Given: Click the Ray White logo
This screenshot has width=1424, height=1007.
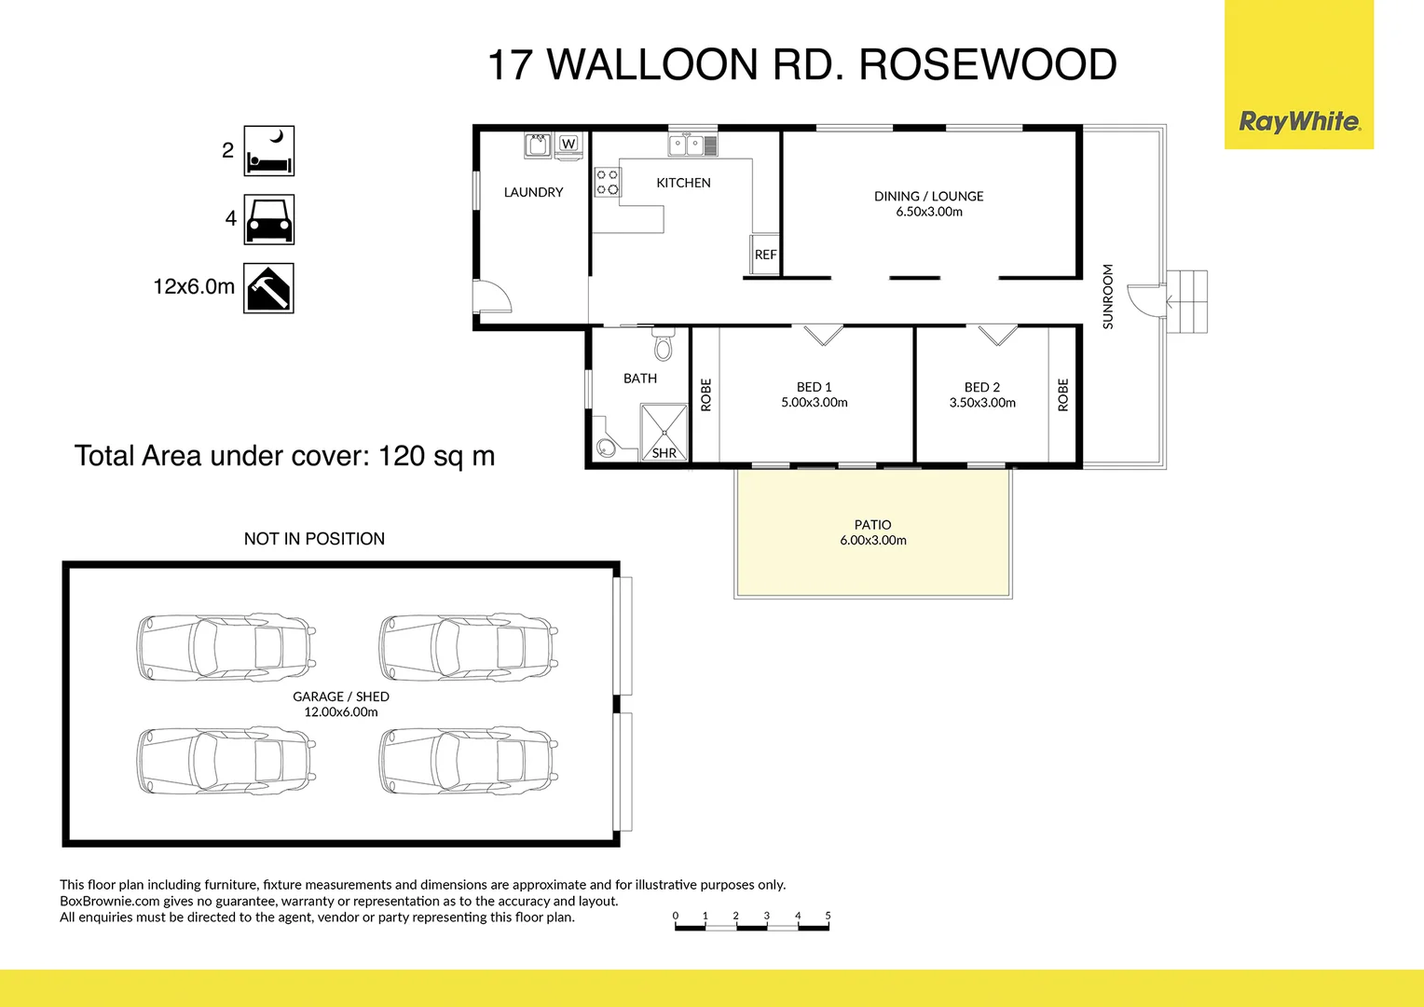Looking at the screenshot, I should [x=1299, y=121].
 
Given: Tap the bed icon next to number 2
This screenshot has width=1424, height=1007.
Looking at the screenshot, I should [x=268, y=151].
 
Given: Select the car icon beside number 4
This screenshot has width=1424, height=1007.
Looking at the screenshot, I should [x=268, y=219].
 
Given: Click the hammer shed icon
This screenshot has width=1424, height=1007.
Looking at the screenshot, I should [x=268, y=288].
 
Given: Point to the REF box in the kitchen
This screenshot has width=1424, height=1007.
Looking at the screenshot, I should [x=765, y=255].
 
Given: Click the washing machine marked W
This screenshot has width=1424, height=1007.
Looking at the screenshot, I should [x=568, y=144].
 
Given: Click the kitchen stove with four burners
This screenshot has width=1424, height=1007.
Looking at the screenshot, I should [x=607, y=182].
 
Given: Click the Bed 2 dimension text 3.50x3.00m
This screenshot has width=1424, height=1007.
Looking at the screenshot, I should [x=982, y=403].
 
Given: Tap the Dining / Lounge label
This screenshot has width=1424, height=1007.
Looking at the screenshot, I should [x=928, y=196].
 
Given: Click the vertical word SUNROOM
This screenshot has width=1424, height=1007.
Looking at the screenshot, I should [x=1108, y=297].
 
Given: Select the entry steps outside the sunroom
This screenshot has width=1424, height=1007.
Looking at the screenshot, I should [x=1187, y=301].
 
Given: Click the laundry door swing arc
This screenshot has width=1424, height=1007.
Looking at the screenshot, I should [x=494, y=297].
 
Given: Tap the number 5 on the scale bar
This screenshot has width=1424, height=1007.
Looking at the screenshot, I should [x=828, y=916].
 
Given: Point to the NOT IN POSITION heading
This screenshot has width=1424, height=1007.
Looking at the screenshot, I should [x=314, y=539].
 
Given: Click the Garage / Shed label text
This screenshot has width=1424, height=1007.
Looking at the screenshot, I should [x=341, y=697].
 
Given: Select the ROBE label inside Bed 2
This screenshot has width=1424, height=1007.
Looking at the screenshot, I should [x=1063, y=394].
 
